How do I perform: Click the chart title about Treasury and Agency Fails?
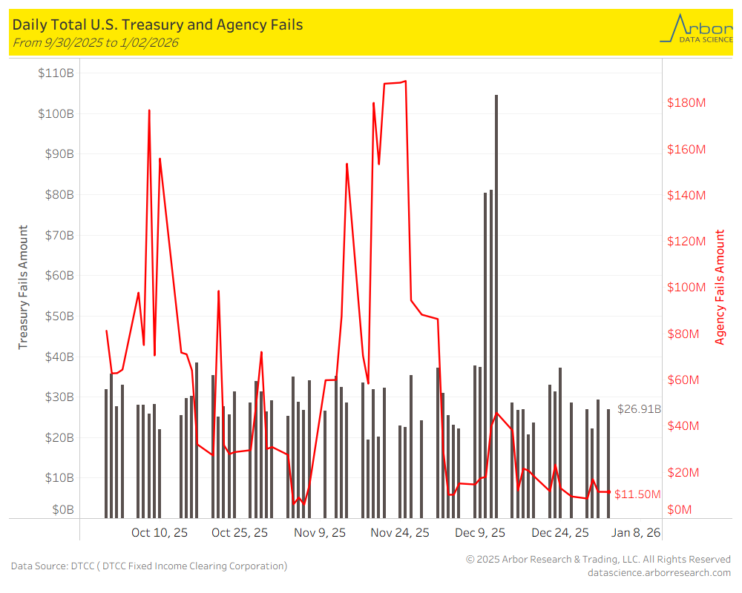(157, 24)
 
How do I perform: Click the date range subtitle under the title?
(95, 42)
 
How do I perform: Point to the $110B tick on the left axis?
(55, 73)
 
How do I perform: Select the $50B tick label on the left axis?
(56, 316)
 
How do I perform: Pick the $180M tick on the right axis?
(686, 102)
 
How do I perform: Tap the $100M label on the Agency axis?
(686, 288)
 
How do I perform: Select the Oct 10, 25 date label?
(159, 532)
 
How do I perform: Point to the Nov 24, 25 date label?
(400, 532)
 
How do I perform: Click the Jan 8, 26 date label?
(636, 532)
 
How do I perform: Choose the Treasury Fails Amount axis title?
(23, 288)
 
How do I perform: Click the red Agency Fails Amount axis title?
(720, 288)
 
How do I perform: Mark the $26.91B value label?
(639, 409)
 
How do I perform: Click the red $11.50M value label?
(637, 494)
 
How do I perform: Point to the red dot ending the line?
(609, 491)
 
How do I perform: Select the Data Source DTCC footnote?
(148, 566)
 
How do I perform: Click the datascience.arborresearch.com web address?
(659, 572)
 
